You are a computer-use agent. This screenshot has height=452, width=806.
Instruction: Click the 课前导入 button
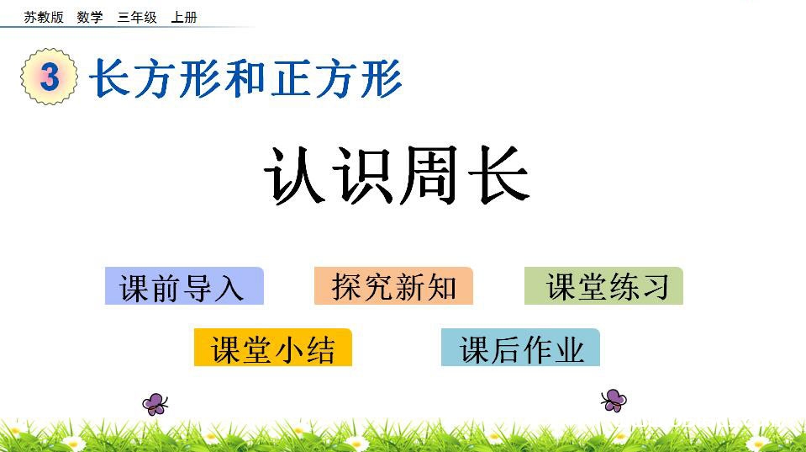click(x=184, y=285)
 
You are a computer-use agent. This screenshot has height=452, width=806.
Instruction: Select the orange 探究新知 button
click(x=393, y=285)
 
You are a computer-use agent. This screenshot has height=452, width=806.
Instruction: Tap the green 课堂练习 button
click(x=603, y=285)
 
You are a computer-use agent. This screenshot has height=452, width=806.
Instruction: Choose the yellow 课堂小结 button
click(x=272, y=348)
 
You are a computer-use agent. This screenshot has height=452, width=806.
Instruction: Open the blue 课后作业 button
click(x=520, y=348)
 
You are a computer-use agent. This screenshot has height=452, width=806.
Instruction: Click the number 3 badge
click(x=50, y=77)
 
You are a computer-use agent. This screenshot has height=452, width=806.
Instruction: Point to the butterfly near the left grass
click(x=155, y=404)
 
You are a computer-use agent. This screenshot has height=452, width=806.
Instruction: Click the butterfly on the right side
click(x=614, y=401)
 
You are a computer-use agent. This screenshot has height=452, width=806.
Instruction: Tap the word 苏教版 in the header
click(x=44, y=18)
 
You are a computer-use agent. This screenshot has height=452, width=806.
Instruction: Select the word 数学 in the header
click(x=90, y=18)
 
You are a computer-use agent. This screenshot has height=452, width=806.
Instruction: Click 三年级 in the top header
click(x=137, y=18)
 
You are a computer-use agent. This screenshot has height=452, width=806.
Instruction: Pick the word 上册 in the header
click(x=184, y=18)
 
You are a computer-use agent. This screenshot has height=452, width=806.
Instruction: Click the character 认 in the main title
click(x=294, y=175)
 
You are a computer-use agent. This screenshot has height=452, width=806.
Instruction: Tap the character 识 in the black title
click(x=363, y=175)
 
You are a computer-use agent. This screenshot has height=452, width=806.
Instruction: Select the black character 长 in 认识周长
click(x=498, y=175)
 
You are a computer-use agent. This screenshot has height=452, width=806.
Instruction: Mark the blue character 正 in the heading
click(x=291, y=78)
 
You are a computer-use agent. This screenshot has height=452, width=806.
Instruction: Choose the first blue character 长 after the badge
click(x=109, y=78)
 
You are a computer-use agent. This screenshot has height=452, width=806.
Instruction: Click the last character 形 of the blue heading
click(x=382, y=78)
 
